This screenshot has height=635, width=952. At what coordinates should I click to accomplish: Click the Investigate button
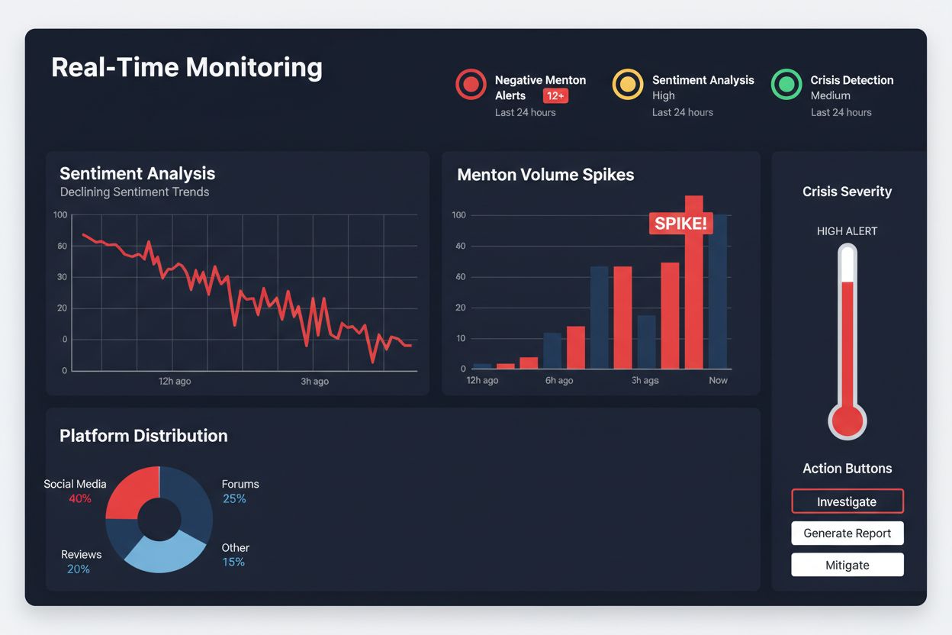pos(847,501)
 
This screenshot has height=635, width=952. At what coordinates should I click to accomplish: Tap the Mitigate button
pos(847,565)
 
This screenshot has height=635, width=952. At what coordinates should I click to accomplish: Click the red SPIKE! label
pos(680,223)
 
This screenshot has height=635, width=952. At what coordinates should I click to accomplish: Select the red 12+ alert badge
pos(555,95)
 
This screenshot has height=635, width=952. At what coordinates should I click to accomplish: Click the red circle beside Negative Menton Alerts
pos(471,84)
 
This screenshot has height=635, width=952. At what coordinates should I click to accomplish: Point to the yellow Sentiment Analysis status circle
pos(628,84)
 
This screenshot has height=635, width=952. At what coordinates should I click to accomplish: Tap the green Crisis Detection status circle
pos(786,84)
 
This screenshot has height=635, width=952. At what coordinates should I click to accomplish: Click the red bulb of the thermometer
pos(847,421)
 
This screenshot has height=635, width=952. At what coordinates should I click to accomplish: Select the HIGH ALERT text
pos(847,230)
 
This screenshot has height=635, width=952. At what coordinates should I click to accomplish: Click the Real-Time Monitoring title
pos(187,67)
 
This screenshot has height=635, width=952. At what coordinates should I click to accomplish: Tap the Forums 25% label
pos(240,491)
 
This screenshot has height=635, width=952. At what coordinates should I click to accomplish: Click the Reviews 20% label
pos(81,562)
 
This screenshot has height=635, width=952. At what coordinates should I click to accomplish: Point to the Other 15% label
pos(235,555)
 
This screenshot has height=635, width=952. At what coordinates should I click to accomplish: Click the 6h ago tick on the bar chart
pos(559,380)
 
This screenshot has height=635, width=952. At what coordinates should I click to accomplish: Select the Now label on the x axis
pos(718,380)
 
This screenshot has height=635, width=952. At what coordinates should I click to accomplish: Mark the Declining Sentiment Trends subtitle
pos(134,192)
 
